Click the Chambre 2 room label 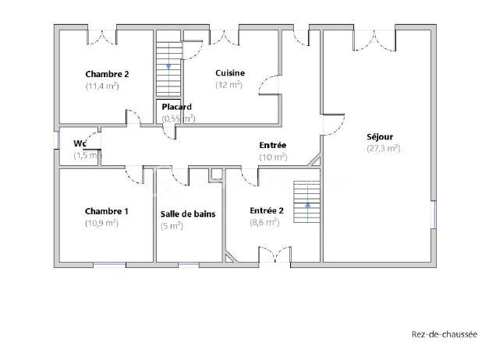107,75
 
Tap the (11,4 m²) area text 102,86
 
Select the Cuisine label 230,73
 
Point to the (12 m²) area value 229,85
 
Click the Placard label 177,107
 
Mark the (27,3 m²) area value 383,148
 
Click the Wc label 80,143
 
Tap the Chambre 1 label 107,211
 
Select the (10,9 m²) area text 102,223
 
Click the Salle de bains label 188,214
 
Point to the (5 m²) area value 172,226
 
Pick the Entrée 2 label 267,210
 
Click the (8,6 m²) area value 264,222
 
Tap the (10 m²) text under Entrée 272,157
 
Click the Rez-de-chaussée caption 444,335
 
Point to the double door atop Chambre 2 101,34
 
